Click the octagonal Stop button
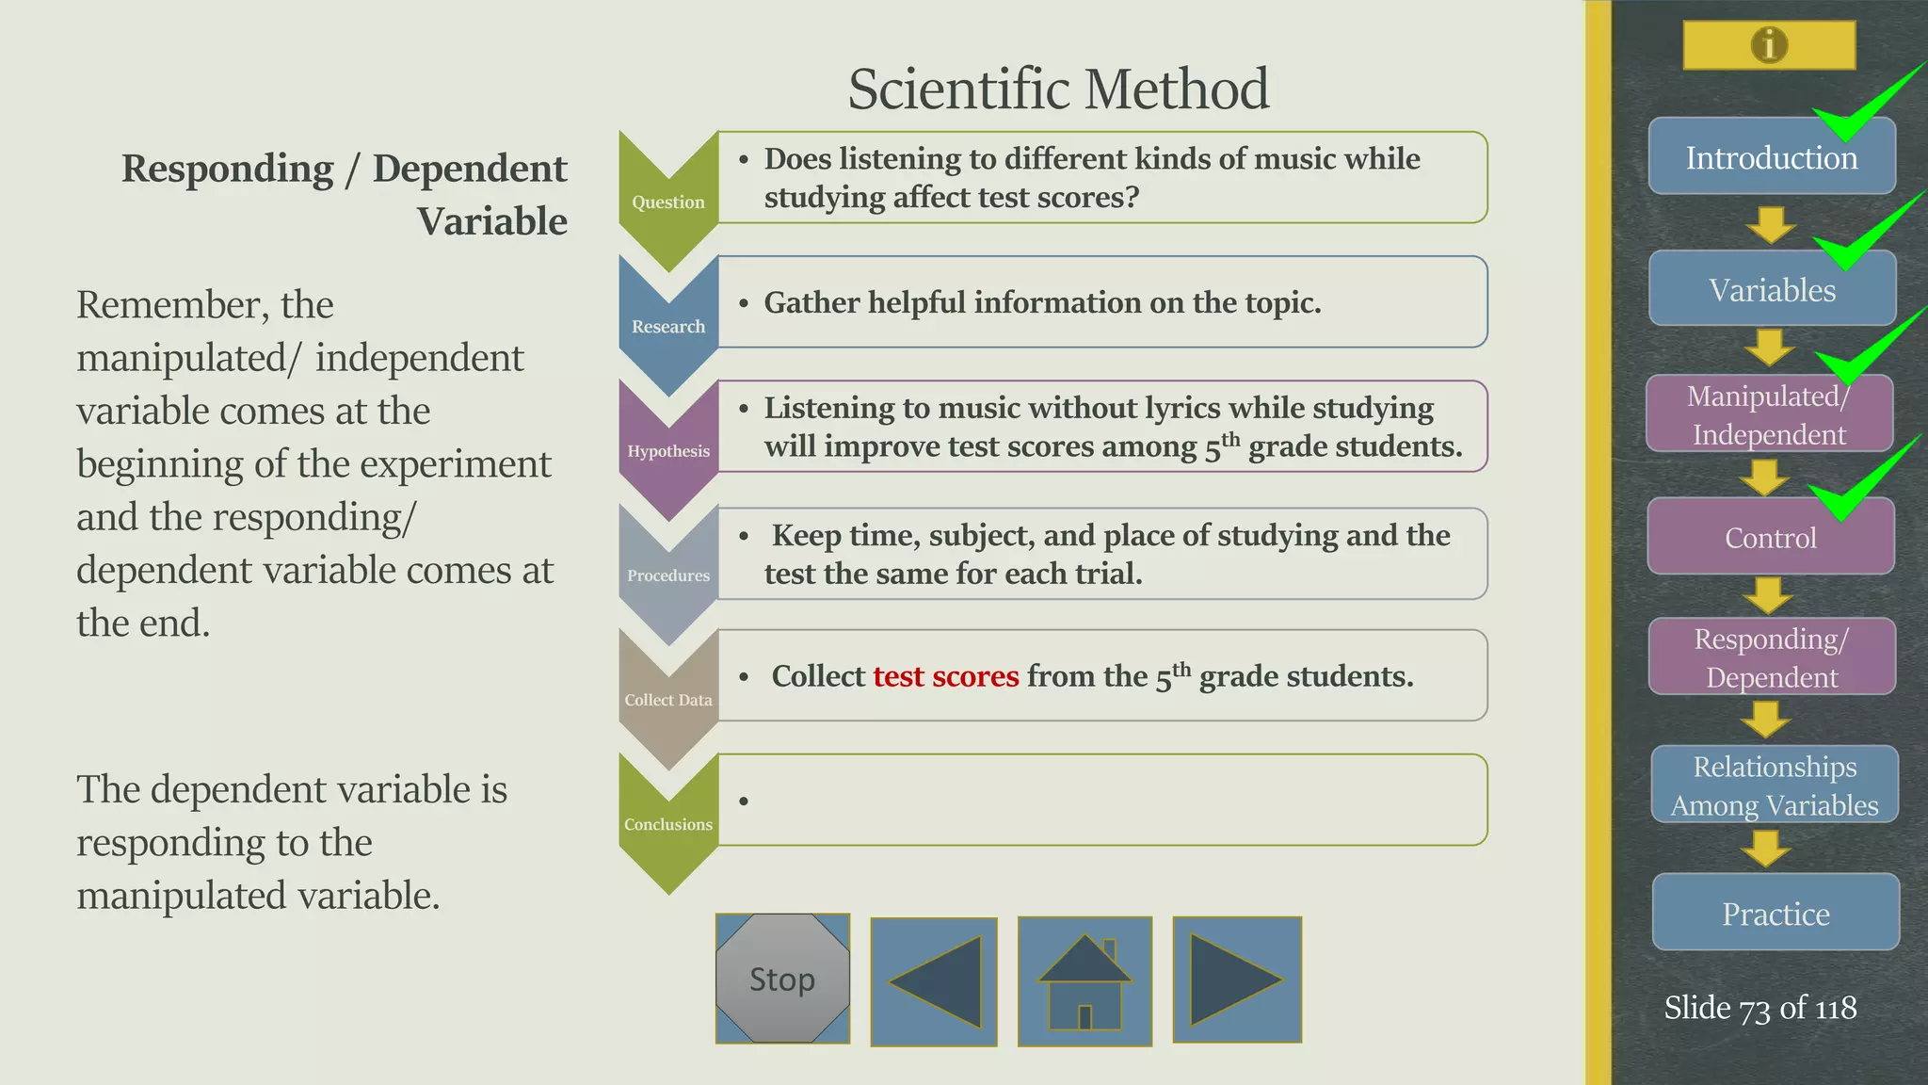coord(782,979)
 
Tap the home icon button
coord(1084,981)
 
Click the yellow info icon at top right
coord(1769,44)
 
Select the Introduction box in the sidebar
coord(1771,157)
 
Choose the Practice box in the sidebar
coord(1775,913)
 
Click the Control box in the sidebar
coord(1770,538)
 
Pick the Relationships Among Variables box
coord(1775,785)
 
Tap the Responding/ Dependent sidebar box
coord(1772,657)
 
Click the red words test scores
coord(945,676)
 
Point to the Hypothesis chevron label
coord(668,451)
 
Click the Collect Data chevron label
coord(668,700)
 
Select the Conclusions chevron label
coord(668,824)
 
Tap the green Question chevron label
coord(668,202)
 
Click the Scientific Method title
coord(1058,89)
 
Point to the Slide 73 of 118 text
coord(1759,1008)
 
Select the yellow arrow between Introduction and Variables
coord(1771,224)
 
